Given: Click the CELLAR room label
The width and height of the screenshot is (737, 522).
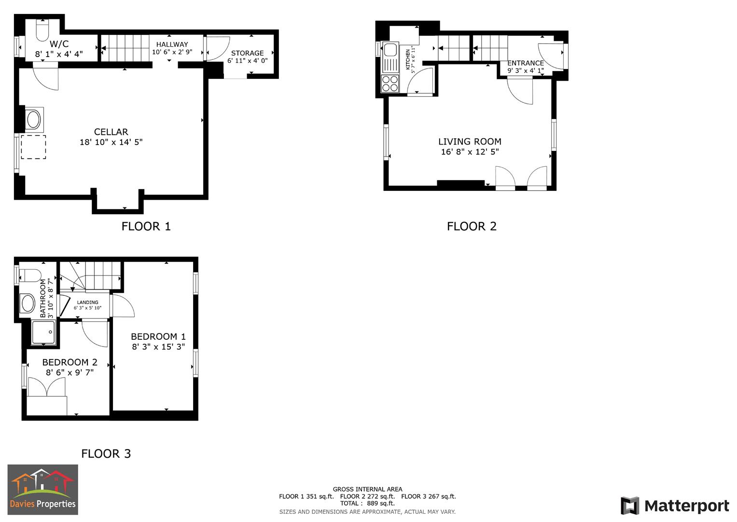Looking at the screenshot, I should coord(111,132).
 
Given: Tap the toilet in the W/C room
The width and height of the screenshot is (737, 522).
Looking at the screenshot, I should coord(42,30).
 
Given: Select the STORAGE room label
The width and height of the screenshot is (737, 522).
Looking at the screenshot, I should coord(247,53).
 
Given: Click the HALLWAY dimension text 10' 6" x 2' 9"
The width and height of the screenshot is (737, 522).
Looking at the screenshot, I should coord(172,52).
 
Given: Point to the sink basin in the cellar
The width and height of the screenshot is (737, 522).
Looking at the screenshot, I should coord(33,119).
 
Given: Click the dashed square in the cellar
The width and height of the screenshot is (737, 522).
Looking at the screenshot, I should coord(33,147).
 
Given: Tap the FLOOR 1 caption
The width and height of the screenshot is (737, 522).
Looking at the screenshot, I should coord(146,226).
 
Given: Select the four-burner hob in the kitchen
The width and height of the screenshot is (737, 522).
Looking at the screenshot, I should coord(390,84).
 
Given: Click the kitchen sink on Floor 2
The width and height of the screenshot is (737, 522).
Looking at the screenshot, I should coord(389,50).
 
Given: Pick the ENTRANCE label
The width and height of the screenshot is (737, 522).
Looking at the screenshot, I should coord(525,63).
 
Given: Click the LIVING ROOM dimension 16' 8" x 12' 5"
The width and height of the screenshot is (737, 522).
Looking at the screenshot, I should coord(470,152).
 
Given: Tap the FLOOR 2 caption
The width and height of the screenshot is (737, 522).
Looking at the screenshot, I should coord(472,226).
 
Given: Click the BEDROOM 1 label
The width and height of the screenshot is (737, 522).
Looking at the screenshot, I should coord(158,336).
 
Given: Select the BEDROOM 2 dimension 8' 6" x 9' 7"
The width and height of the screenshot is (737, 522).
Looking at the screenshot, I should coord(70,373).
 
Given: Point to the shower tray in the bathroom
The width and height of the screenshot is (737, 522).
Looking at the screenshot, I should coord(44,333).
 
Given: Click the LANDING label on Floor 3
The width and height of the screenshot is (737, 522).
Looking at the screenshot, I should coord(87,303).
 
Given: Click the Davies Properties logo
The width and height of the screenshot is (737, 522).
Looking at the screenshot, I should coord(43,490).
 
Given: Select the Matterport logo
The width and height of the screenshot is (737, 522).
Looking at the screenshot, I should coord(674,506).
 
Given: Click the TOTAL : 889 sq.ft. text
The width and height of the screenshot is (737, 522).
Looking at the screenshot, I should coord(367,503).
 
